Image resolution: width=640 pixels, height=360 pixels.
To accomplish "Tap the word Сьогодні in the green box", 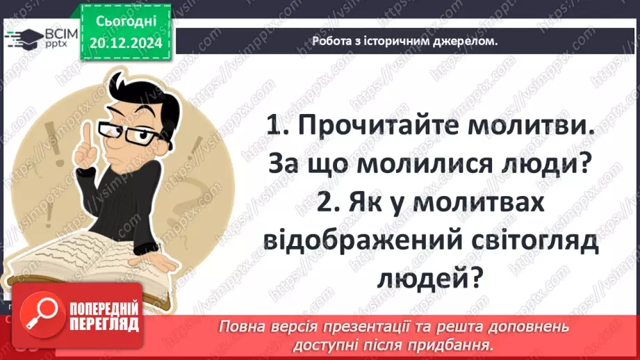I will pos(126,24).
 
